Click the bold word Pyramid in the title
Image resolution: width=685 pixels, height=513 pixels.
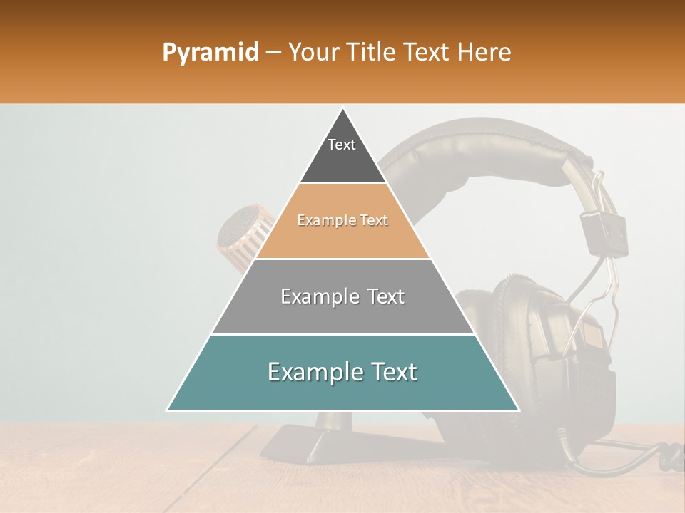(210, 53)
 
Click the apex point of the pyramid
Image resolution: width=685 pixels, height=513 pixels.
(342, 109)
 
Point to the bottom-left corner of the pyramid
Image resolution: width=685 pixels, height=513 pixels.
(168, 410)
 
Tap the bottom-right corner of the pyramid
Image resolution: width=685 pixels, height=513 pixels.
(518, 410)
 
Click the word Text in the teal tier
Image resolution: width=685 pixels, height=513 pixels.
(392, 372)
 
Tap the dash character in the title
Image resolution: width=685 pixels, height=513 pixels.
(273, 53)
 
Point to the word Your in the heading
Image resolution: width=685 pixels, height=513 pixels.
(313, 53)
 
